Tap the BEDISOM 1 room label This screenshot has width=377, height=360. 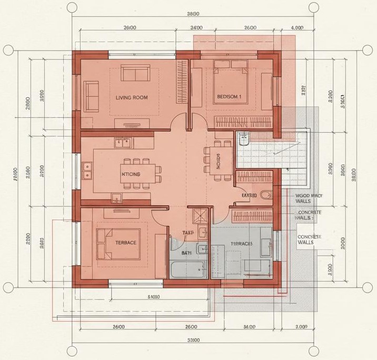pos(229,97)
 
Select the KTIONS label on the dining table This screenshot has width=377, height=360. pos(131,174)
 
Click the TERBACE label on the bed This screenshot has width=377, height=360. pos(126,243)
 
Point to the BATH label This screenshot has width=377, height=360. pos(186,253)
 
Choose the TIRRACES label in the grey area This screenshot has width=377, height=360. pos(242,244)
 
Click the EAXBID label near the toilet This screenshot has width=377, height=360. pos(249,195)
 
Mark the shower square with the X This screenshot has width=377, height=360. pos(200,215)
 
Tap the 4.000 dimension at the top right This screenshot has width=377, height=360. pos(297,27)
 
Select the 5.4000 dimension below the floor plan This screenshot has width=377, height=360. pos(152,297)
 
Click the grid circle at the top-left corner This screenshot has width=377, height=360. pos(8,50)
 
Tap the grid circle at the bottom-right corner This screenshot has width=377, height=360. pos(368,287)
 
